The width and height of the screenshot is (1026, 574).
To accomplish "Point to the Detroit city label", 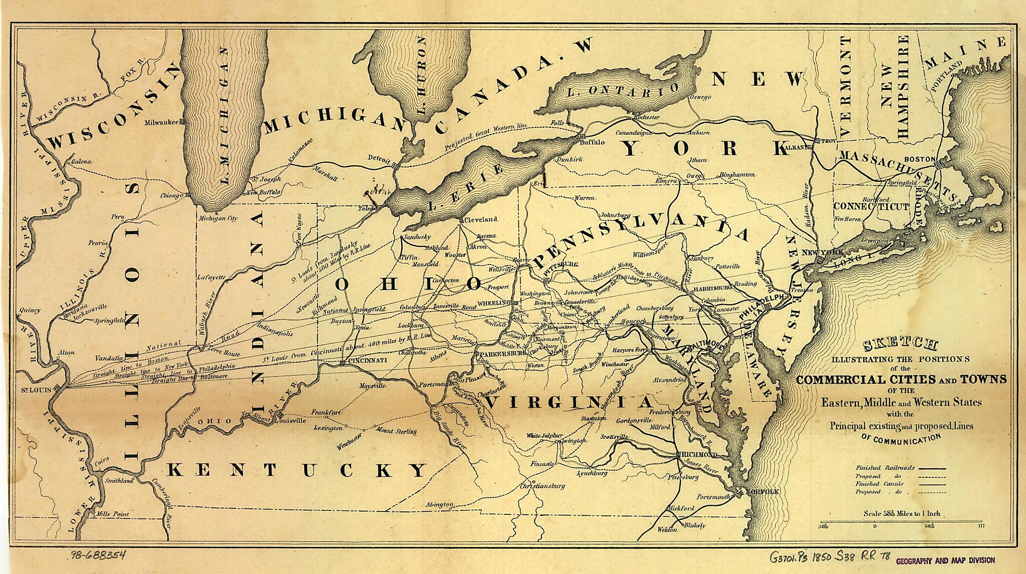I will pos(379,159).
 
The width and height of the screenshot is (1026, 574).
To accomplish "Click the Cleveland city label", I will pos(480,219).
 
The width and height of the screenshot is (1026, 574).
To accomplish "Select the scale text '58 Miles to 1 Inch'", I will pos(902,513).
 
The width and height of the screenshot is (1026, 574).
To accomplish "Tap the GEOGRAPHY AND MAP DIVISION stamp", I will pos(944,560).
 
